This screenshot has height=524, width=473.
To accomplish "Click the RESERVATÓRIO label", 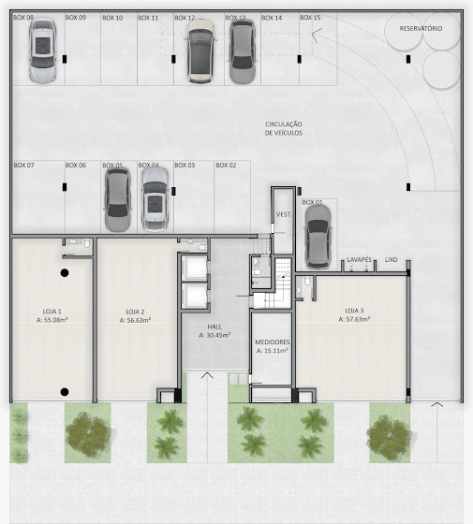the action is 421,28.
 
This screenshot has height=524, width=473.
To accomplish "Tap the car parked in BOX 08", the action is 42,51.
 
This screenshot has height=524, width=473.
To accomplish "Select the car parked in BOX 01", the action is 318,237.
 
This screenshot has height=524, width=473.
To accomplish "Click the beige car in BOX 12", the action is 200,51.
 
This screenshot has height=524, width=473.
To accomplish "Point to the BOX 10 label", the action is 112,18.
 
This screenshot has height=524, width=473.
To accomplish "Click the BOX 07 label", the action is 23,165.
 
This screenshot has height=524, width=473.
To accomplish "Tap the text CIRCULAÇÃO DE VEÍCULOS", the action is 284,128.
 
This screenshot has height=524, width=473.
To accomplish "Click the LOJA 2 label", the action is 135,312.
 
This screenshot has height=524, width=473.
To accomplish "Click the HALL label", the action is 214,327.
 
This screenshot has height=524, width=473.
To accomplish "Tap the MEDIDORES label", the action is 273,342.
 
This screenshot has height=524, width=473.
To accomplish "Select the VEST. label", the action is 284,214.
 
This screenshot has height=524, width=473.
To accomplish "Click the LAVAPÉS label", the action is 359,260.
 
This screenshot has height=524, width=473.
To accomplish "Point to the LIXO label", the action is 392,260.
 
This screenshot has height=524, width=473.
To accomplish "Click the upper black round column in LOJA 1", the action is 65,272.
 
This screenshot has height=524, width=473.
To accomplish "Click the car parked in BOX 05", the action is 117,199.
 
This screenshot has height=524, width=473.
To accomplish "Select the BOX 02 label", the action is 226,165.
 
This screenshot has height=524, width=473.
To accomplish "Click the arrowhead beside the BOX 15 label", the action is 317,36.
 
